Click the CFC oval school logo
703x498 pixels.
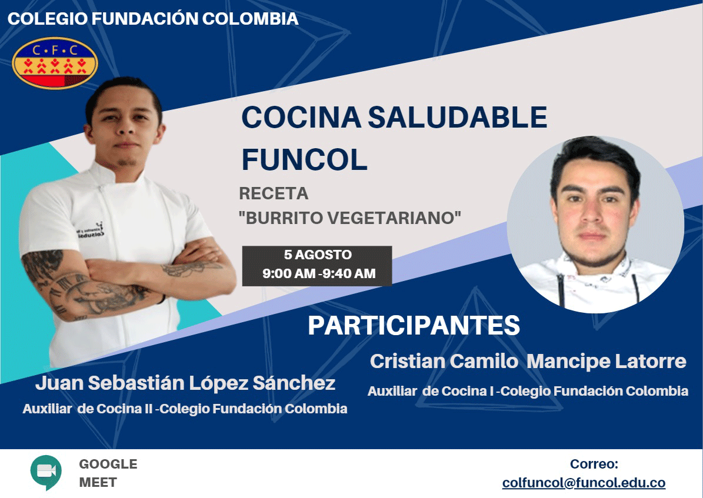55,63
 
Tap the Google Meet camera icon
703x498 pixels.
46,472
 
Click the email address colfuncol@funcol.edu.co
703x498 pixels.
584,483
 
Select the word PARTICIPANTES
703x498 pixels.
414,325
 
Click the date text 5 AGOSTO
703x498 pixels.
318,255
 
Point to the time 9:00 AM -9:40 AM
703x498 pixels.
319,273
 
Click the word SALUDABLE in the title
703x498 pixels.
457,118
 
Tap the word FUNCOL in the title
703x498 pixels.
304,159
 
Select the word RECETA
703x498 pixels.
274,193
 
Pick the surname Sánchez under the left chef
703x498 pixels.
294,383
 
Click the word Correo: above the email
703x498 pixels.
594,464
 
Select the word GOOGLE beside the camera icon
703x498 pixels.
108,464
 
